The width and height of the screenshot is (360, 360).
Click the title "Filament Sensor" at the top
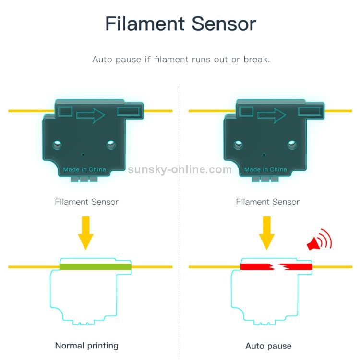click(x=180, y=24)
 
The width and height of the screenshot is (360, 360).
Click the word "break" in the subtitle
click(x=256, y=60)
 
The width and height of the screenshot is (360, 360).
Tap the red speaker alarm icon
click(x=319, y=241)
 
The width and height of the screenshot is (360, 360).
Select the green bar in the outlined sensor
click(x=95, y=266)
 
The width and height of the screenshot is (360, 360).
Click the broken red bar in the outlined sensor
click(x=276, y=266)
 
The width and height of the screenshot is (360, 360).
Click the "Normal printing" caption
click(x=86, y=345)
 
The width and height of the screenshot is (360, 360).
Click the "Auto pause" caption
click(x=268, y=346)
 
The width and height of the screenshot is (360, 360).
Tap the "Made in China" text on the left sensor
click(x=84, y=169)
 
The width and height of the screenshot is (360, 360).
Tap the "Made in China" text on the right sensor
click(x=265, y=169)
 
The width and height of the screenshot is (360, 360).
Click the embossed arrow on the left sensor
click(x=91, y=115)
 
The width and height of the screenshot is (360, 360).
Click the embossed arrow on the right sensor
click(x=272, y=115)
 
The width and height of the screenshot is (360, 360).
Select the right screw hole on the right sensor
click(x=291, y=143)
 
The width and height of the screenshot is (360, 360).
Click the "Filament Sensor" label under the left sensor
click(x=86, y=202)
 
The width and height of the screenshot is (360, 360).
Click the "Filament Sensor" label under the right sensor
click(x=267, y=202)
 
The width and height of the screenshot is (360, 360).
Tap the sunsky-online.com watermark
click(x=180, y=169)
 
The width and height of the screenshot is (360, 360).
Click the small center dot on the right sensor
click(x=264, y=154)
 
